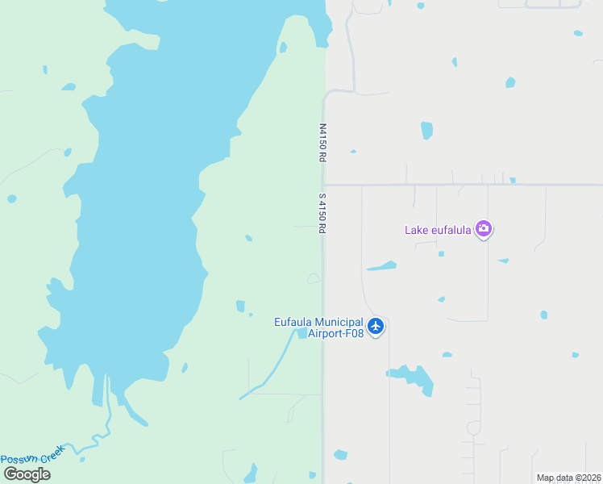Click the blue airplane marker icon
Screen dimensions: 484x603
[376, 327]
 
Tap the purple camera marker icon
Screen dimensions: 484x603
[484, 229]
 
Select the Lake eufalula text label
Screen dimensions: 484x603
[439, 230]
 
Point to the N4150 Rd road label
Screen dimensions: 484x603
[322, 144]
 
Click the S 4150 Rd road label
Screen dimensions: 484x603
[322, 213]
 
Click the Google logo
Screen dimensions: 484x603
[27, 474]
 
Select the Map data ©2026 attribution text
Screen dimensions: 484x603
[568, 478]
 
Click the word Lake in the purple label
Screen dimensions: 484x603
[416, 230]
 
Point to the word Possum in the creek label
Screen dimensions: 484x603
[19, 459]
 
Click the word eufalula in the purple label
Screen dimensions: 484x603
[451, 230]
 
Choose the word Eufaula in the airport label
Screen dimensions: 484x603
[293, 322]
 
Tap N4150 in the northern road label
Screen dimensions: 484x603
[322, 138]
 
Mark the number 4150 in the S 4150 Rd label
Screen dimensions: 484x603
[322, 212]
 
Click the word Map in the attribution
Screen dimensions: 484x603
[545, 478]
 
